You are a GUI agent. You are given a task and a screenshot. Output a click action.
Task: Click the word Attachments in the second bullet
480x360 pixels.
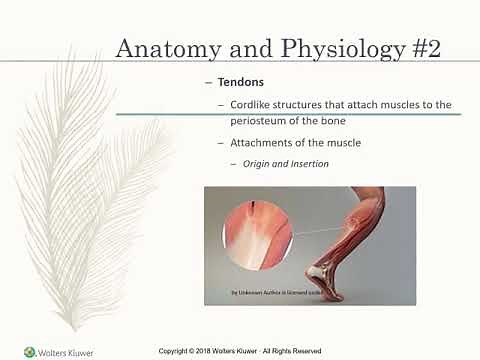[267, 144]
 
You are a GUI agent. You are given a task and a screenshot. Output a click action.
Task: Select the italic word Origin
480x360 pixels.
[260, 164]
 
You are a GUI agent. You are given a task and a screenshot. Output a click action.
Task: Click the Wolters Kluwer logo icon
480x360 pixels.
[29, 351]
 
